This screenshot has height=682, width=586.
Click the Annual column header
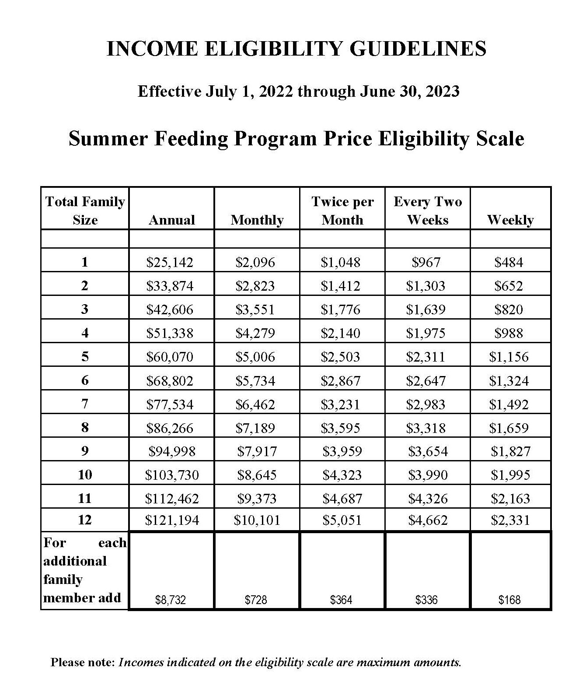172,220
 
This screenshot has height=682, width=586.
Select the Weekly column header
510,220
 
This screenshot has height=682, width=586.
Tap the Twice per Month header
342,211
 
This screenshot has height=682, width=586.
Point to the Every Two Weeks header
428,211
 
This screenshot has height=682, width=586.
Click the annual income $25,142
170,262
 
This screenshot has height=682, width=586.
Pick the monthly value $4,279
255,333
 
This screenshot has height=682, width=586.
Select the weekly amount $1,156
509,357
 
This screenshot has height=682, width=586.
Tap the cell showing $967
426,262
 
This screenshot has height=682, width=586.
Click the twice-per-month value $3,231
341,404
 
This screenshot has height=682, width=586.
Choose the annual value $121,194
172,520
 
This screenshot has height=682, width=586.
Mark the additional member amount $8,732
171,600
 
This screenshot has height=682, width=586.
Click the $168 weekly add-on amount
509,600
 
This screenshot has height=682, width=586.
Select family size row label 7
85,404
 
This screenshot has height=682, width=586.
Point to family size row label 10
85,475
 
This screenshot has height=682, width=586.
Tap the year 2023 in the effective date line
442,91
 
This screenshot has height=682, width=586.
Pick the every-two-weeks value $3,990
428,475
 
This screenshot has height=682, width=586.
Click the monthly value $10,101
257,520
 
